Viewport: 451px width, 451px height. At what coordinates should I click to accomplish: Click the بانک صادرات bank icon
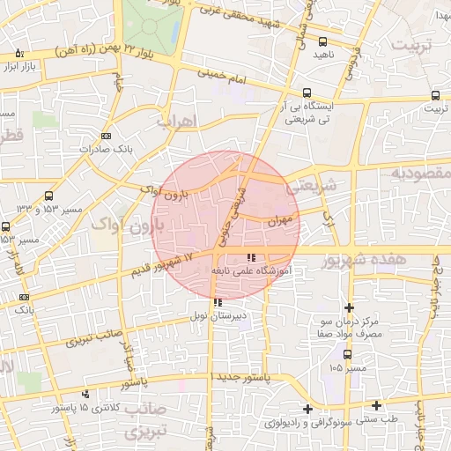[106, 136]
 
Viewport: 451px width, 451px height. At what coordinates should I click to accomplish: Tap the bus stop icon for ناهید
[323, 41]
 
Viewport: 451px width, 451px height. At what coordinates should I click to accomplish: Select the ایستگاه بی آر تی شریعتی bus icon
[307, 92]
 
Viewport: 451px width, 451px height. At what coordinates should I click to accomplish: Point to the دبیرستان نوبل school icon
[218, 302]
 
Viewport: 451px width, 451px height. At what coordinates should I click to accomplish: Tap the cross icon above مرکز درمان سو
[350, 307]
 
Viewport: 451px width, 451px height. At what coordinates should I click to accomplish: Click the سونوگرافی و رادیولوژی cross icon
[307, 409]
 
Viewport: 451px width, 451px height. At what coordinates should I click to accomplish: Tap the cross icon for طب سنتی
[376, 405]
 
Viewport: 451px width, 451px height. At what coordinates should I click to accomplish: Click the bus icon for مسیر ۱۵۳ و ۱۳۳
[48, 196]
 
